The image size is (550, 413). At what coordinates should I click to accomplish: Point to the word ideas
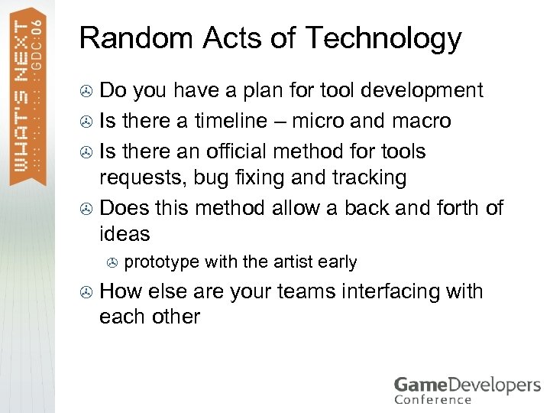(x=125, y=234)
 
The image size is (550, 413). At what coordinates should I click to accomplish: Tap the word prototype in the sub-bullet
(x=162, y=262)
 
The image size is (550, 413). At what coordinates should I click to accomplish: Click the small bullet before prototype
(x=113, y=262)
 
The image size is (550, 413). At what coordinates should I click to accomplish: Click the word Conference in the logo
(x=433, y=398)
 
